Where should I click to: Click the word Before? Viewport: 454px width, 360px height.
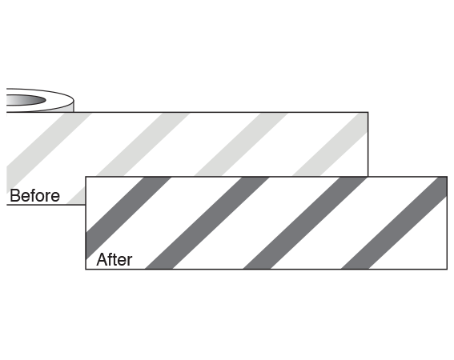[34, 196]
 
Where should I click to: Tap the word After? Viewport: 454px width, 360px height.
[115, 259]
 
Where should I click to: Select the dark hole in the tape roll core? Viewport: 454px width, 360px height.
[26, 100]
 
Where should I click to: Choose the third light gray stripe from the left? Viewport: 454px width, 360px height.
[241, 144]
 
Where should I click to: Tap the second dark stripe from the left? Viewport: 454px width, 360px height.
[207, 223]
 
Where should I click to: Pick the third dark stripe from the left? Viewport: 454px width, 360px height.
[305, 223]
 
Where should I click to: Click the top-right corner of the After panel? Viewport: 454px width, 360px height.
[447, 177]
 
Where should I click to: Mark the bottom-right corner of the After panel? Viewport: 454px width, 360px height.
[447, 269]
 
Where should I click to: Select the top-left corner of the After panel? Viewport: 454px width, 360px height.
[86, 177]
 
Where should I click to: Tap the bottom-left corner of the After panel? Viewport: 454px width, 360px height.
[86, 269]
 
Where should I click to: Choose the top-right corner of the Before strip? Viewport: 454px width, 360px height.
[368, 112]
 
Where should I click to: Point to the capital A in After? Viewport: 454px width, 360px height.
[102, 259]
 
